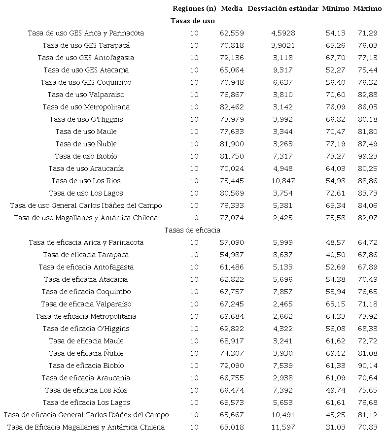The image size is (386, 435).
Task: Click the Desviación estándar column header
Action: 283,8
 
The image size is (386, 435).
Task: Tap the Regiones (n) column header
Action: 195,8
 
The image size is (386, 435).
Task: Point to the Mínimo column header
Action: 336,8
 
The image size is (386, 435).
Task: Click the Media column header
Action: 232,8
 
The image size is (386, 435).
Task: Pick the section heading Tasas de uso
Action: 193,21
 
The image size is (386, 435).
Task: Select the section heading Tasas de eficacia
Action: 192,230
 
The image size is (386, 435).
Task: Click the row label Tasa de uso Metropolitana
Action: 86,107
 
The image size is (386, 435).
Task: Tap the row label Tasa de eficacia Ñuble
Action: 86,353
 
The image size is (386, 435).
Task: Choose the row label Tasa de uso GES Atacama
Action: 86,70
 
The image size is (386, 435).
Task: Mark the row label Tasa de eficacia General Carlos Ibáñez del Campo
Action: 86,415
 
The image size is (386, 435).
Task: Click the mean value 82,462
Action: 232,107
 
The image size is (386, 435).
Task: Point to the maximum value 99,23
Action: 368,156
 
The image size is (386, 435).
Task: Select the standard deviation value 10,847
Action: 283,181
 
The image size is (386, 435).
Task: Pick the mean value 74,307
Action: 232,353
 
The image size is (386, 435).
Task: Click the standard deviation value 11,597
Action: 283,427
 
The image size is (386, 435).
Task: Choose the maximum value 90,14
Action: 368,366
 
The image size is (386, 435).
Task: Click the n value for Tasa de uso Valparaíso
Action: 194,95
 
